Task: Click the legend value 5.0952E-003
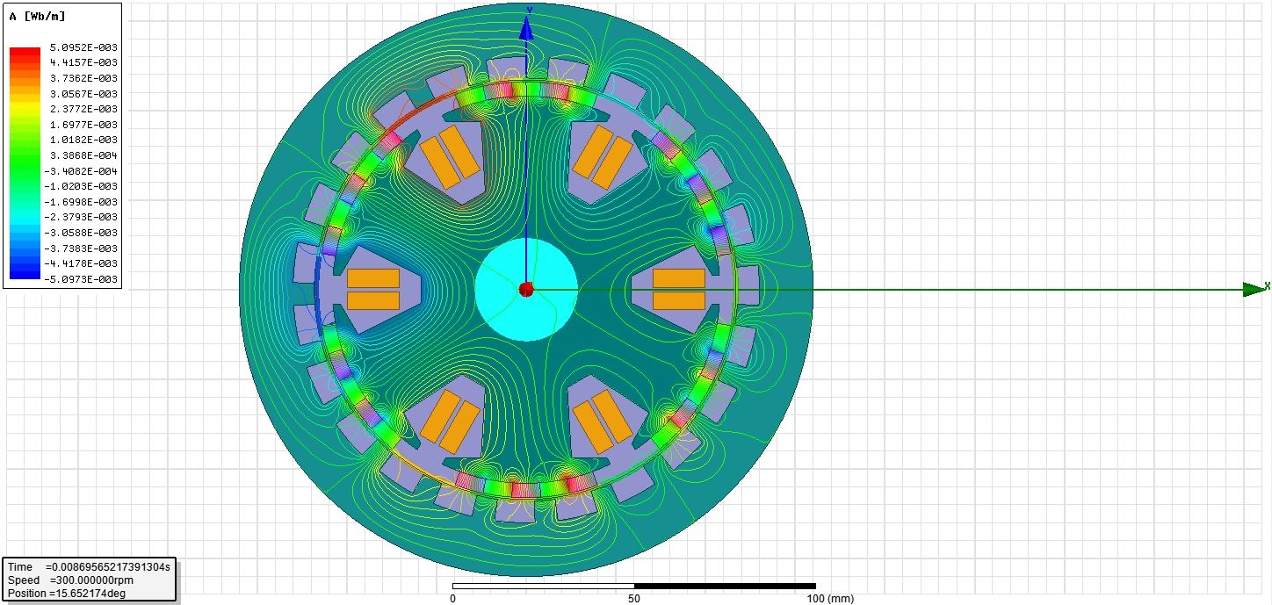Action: (x=83, y=47)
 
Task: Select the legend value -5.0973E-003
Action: (x=81, y=279)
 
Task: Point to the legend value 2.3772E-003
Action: (x=83, y=109)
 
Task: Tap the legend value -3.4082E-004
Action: (x=81, y=171)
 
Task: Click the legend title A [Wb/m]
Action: (x=37, y=17)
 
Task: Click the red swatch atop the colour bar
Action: (x=25, y=53)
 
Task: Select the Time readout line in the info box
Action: (x=89, y=567)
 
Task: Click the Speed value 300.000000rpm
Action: (x=91, y=580)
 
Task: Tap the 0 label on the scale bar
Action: (x=452, y=598)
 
